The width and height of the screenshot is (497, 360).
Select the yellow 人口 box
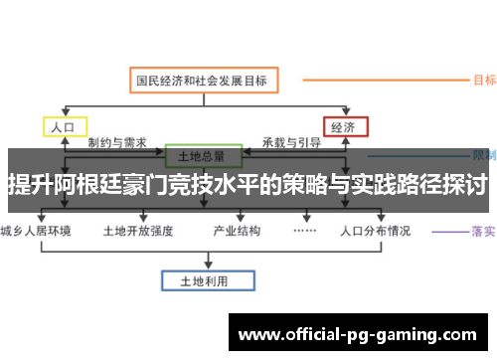(x=65, y=127)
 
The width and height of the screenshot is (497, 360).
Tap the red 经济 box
(x=344, y=127)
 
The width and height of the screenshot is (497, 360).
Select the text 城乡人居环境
(x=37, y=231)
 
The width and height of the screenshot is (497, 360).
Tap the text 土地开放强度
(x=138, y=231)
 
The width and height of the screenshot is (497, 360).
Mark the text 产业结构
(x=237, y=231)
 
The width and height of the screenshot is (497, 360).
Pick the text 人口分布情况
(x=375, y=231)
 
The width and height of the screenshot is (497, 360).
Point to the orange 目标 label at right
(x=484, y=80)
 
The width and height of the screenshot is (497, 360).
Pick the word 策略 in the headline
(x=302, y=185)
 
